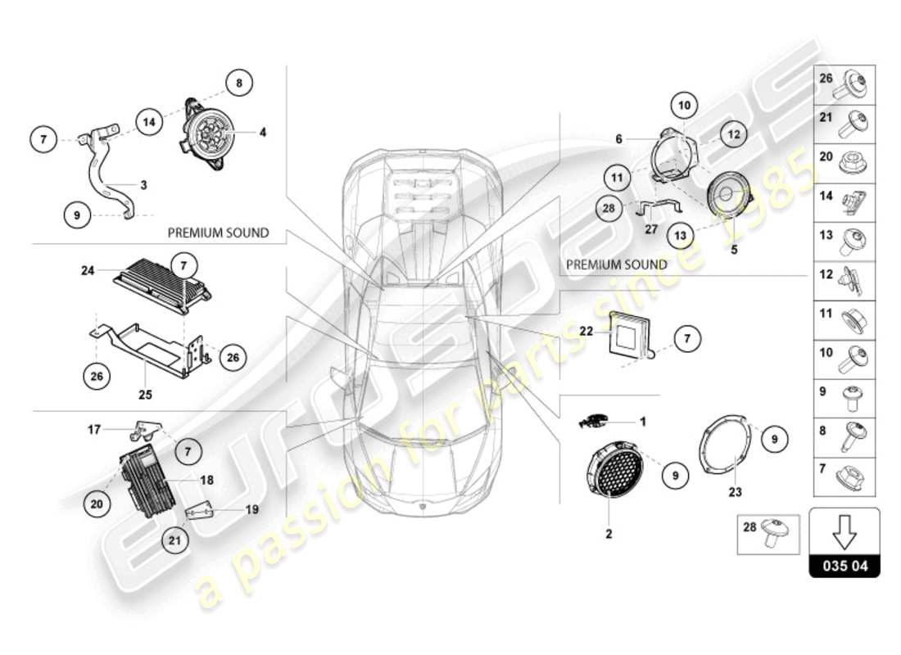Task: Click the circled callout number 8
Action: [239, 82]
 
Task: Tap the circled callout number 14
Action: [149, 122]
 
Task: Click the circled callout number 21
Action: [174, 539]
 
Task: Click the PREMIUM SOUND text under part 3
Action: [218, 233]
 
